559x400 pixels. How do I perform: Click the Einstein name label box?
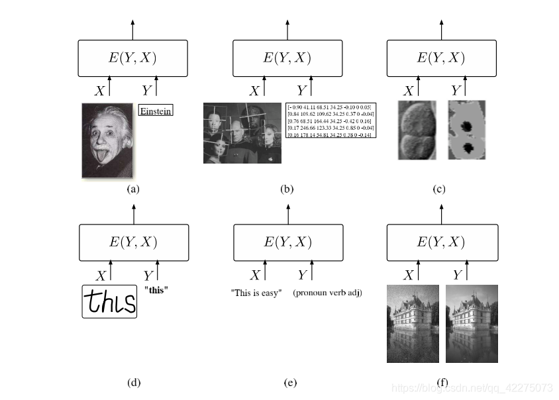click(155, 111)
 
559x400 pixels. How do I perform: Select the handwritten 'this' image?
click(109, 301)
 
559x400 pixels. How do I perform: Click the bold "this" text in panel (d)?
click(156, 289)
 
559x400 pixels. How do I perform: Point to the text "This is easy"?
click(256, 293)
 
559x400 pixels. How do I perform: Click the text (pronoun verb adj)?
click(327, 293)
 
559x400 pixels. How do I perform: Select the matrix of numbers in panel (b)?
click(330, 120)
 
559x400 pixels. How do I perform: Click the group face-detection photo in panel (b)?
click(242, 133)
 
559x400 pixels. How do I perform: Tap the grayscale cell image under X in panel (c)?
click(417, 130)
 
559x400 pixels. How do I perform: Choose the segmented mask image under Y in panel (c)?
click(466, 130)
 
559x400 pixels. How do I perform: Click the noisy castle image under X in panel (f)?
click(413, 324)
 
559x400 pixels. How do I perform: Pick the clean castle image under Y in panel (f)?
click(472, 324)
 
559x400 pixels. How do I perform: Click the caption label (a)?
click(133, 189)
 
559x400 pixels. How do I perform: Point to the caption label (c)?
click(438, 189)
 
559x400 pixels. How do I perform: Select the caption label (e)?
click(289, 382)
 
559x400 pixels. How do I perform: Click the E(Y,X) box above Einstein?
click(132, 58)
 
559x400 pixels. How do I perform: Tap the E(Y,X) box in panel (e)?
click(288, 242)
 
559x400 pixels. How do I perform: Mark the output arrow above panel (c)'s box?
click(442, 30)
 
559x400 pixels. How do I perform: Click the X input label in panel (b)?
click(254, 91)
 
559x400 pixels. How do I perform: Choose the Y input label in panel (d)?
click(149, 275)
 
